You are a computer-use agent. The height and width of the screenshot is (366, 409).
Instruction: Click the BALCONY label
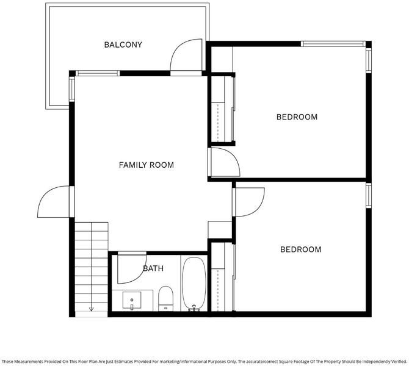tap(123, 45)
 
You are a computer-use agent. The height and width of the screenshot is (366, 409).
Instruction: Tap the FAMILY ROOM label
tap(147, 165)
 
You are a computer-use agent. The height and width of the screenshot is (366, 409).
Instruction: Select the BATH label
tap(153, 268)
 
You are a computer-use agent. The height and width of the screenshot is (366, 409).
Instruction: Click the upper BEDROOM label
tap(297, 117)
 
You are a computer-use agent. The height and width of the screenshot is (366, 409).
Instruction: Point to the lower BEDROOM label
tap(301, 249)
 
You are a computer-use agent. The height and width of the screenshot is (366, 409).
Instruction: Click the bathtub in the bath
tap(194, 284)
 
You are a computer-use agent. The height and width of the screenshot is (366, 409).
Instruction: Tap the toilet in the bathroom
tap(165, 298)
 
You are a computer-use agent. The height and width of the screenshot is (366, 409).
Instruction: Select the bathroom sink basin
tap(132, 300)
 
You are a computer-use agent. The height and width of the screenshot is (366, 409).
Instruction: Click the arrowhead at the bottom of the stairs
tap(92, 309)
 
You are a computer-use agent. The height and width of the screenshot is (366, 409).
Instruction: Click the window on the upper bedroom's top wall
tap(333, 44)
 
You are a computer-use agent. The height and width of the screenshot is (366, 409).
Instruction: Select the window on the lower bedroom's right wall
tap(368, 196)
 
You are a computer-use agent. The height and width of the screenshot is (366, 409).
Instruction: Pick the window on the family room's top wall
tap(98, 73)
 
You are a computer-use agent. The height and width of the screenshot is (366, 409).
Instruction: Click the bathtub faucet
tap(194, 308)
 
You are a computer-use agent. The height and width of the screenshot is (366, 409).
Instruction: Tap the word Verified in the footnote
tap(399, 362)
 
